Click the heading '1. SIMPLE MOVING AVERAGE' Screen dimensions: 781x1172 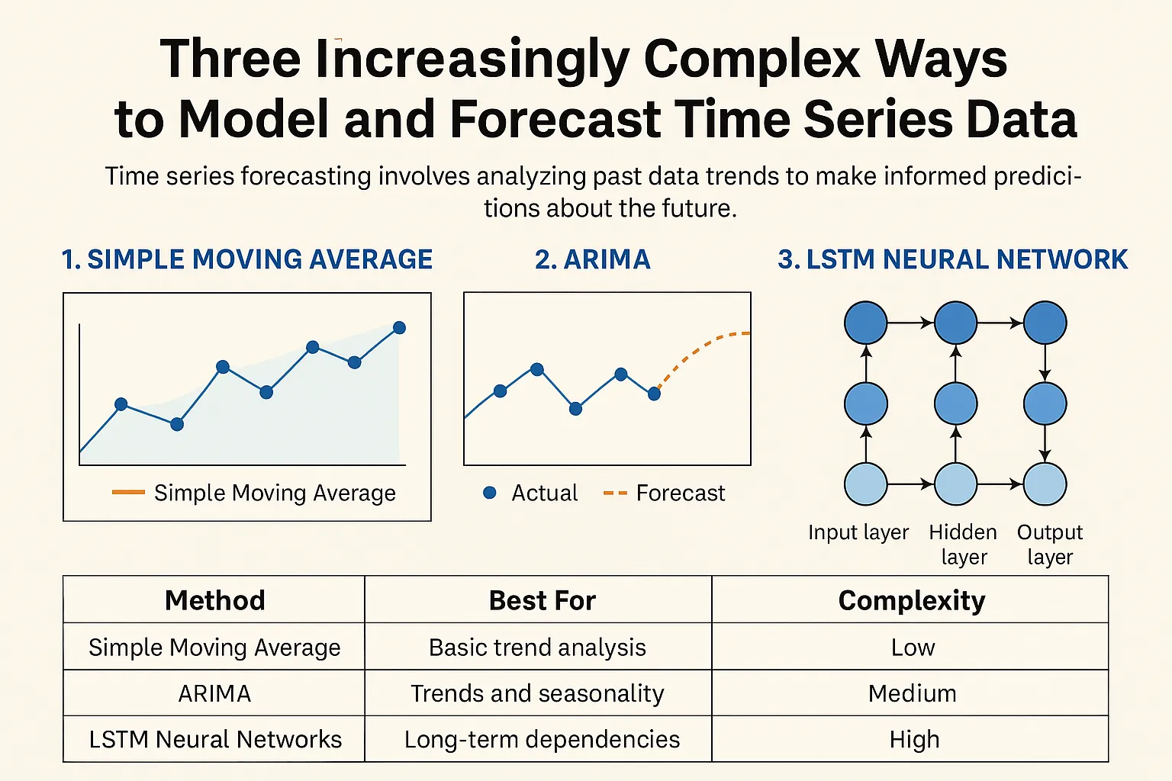point(247,260)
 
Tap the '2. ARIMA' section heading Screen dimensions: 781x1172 point(593,260)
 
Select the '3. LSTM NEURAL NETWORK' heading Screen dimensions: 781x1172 point(952,260)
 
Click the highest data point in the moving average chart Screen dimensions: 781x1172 point(399,328)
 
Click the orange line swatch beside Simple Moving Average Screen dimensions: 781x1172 point(128,493)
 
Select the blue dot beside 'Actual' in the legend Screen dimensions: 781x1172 point(490,493)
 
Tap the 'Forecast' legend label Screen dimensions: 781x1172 point(680,493)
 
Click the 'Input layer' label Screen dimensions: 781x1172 point(858,532)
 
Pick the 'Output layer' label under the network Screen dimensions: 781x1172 point(1050,544)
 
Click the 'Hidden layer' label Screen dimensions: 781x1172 point(963,544)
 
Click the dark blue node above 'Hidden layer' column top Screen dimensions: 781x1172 point(955,323)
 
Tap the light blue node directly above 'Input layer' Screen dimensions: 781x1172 point(866,484)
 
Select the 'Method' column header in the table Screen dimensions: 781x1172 point(214,600)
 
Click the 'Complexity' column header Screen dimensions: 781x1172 point(911,600)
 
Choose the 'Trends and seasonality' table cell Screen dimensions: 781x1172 point(537,693)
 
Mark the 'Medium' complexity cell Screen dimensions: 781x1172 point(912,693)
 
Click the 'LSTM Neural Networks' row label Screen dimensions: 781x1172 point(215,739)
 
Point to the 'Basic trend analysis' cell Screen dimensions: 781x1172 point(537,648)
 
